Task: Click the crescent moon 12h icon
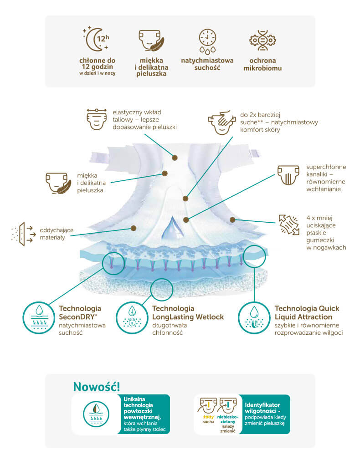96,39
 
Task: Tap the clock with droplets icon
207,41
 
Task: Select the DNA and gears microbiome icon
262,40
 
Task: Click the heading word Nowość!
96,387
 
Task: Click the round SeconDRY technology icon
39,318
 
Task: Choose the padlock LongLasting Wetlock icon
132,318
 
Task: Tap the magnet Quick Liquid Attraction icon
254,318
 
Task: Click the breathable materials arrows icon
23,234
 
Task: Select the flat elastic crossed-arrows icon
288,225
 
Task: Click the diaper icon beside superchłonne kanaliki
288,175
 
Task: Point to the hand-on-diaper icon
222,122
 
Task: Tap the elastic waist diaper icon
96,119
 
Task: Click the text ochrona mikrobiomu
262,64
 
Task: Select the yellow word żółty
209,417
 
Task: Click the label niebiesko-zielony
228,419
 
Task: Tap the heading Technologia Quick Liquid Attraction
307,313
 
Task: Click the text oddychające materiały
57,234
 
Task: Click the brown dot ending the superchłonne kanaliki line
185,220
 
